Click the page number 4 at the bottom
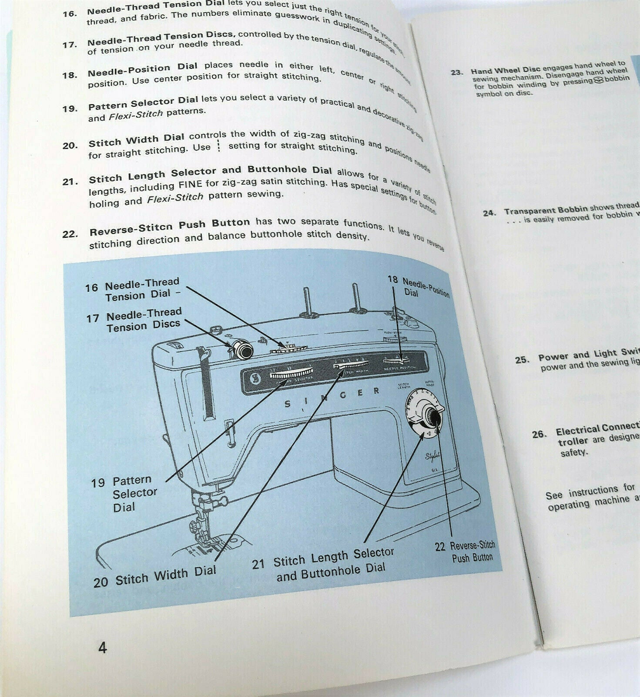(x=102, y=647)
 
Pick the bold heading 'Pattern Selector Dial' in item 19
(x=143, y=104)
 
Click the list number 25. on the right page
(x=522, y=360)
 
